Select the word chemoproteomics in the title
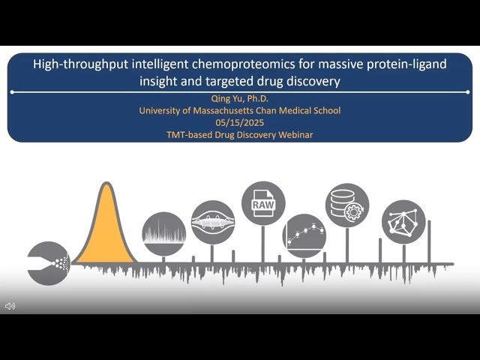(235, 64)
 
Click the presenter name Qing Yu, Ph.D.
(240, 98)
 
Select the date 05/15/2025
(240, 122)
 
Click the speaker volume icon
(10, 306)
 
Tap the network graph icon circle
(403, 221)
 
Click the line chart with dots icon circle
(304, 236)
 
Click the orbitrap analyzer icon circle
(212, 222)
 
